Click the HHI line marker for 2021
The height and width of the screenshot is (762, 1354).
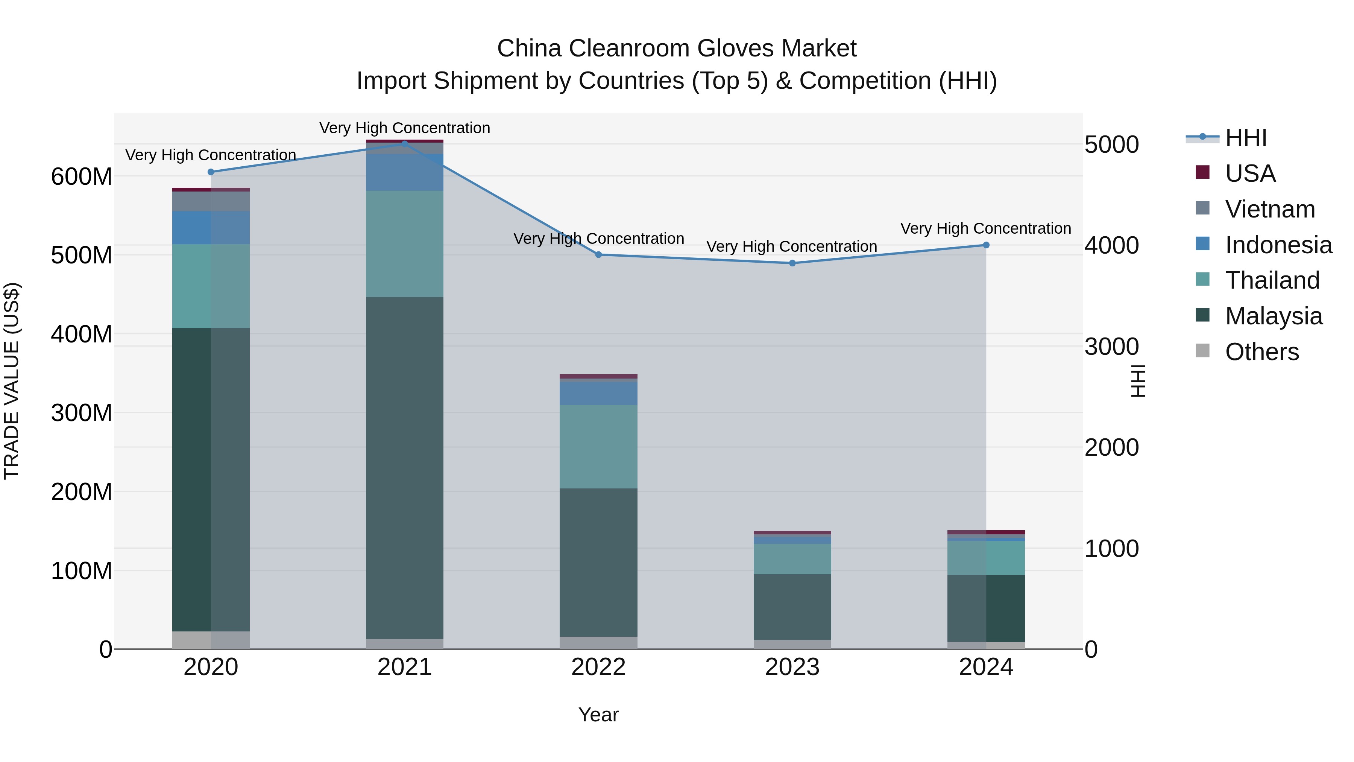click(x=404, y=143)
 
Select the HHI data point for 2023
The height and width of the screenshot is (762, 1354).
click(x=792, y=263)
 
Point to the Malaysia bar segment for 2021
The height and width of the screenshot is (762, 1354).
click(x=404, y=468)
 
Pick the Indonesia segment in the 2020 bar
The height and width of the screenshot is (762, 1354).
click(x=211, y=228)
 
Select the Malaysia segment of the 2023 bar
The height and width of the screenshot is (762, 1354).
click(x=792, y=607)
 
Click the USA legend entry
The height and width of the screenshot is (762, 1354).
click(x=1250, y=173)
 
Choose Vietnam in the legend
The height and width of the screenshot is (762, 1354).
click(x=1269, y=209)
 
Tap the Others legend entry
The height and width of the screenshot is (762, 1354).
click(x=1261, y=352)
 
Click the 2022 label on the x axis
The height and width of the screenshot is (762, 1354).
click(x=598, y=667)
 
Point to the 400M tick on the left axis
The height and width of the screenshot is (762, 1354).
click(x=82, y=334)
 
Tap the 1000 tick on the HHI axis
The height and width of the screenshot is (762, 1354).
click(x=1111, y=549)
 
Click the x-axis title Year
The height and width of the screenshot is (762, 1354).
click(x=598, y=715)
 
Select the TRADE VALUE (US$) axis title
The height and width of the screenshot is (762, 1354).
click(x=12, y=381)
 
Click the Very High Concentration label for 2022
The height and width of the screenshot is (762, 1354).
click(x=598, y=239)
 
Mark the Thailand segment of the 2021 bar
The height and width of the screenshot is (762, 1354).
click(x=404, y=243)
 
